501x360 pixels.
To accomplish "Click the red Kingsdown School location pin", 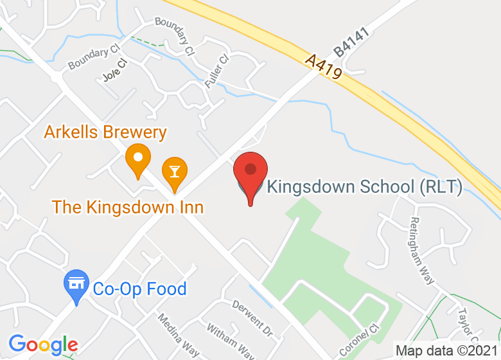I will click(250, 172).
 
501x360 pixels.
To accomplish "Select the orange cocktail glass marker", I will click(174, 172).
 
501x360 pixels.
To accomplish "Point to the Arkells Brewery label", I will click(105, 132).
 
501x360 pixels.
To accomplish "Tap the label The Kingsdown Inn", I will click(128, 207).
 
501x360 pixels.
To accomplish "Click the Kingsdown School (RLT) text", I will click(364, 187).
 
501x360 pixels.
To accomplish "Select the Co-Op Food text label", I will click(139, 289).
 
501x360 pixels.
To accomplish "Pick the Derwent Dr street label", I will click(252, 317).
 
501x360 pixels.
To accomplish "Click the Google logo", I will click(43, 345).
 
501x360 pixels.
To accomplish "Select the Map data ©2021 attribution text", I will click(446, 351).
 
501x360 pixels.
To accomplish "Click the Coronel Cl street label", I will click(355, 341).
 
